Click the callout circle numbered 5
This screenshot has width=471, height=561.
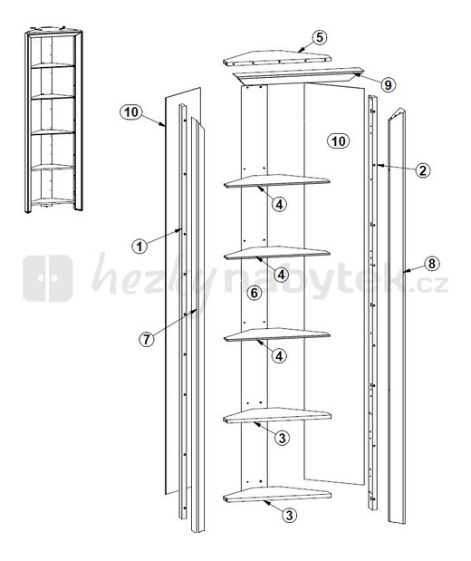[319, 37]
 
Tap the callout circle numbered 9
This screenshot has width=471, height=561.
[388, 84]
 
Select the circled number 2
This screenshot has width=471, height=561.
[423, 170]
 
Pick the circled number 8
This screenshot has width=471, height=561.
[432, 264]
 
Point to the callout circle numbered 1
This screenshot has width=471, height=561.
[139, 247]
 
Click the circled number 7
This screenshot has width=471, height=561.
[146, 339]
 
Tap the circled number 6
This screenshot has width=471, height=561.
[254, 293]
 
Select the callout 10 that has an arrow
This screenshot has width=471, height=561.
[131, 112]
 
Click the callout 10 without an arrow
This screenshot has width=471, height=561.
[338, 141]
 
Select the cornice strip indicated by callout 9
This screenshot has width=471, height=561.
[297, 74]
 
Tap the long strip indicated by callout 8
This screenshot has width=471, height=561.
[397, 314]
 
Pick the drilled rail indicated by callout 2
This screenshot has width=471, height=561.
[372, 303]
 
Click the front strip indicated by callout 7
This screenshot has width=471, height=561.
[197, 324]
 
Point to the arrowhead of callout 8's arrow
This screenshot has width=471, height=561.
[404, 272]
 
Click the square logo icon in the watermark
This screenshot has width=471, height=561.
[48, 278]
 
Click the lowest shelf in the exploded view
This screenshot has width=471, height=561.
[277, 494]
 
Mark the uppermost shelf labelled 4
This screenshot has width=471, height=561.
[277, 180]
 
